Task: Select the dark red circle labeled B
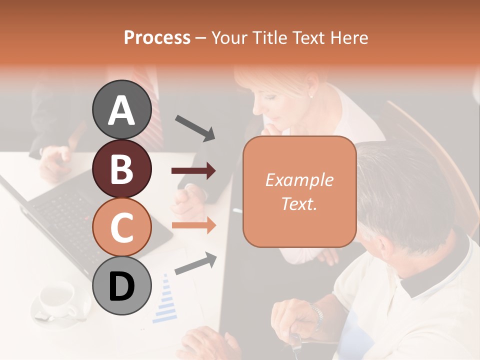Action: pos(122,168)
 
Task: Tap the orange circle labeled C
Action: pos(122,227)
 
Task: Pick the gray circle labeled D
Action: pos(122,285)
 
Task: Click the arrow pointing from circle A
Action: pos(195,127)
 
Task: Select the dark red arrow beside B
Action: pos(194,171)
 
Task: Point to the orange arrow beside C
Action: pos(194,225)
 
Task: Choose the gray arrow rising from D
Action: pos(195,263)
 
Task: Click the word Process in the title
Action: pos(157,38)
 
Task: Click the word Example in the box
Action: pos(299,180)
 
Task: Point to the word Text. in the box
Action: pos(299,203)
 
